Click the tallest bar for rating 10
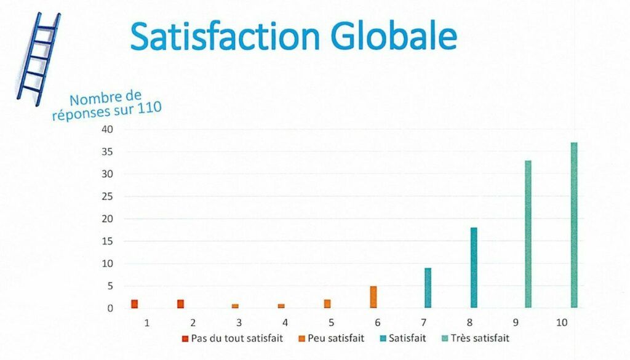point(574,225)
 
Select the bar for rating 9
point(528,234)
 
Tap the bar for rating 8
point(474,268)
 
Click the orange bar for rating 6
point(373,297)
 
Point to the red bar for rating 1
point(134,304)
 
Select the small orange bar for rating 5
point(327,304)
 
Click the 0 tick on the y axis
point(110,308)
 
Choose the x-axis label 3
point(239,322)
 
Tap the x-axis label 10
point(562,322)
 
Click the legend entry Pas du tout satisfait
point(237,338)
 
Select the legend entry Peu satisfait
point(335,338)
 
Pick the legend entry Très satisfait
point(480,338)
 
